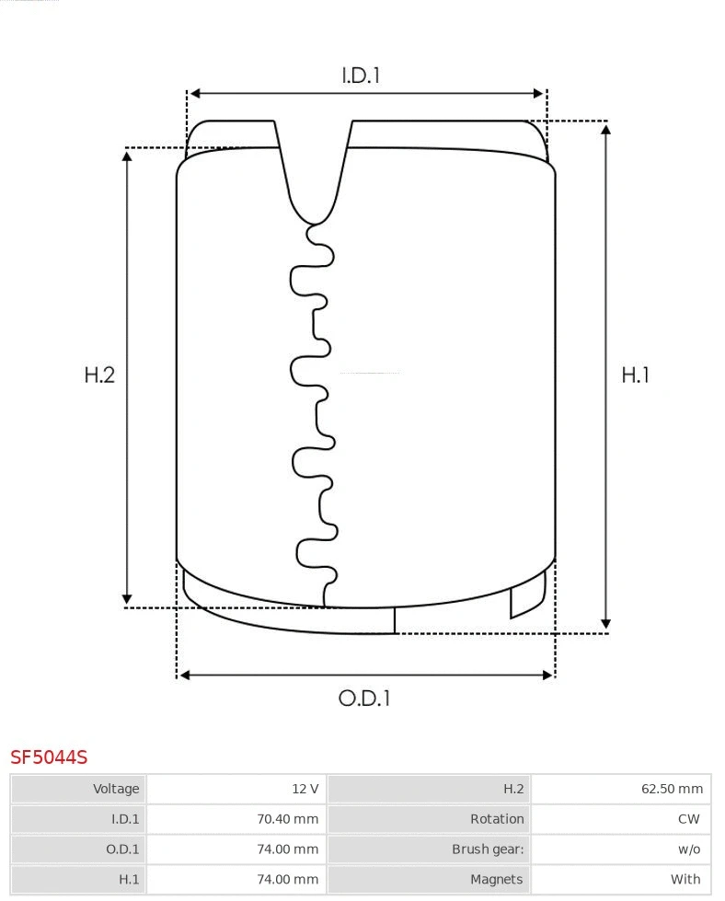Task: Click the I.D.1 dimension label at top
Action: click(361, 75)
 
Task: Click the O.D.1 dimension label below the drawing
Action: click(364, 699)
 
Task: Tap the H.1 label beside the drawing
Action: click(636, 375)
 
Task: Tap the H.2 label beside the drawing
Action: click(99, 375)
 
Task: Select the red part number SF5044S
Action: click(49, 757)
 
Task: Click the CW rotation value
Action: click(689, 819)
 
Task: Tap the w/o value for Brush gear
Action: click(689, 849)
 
